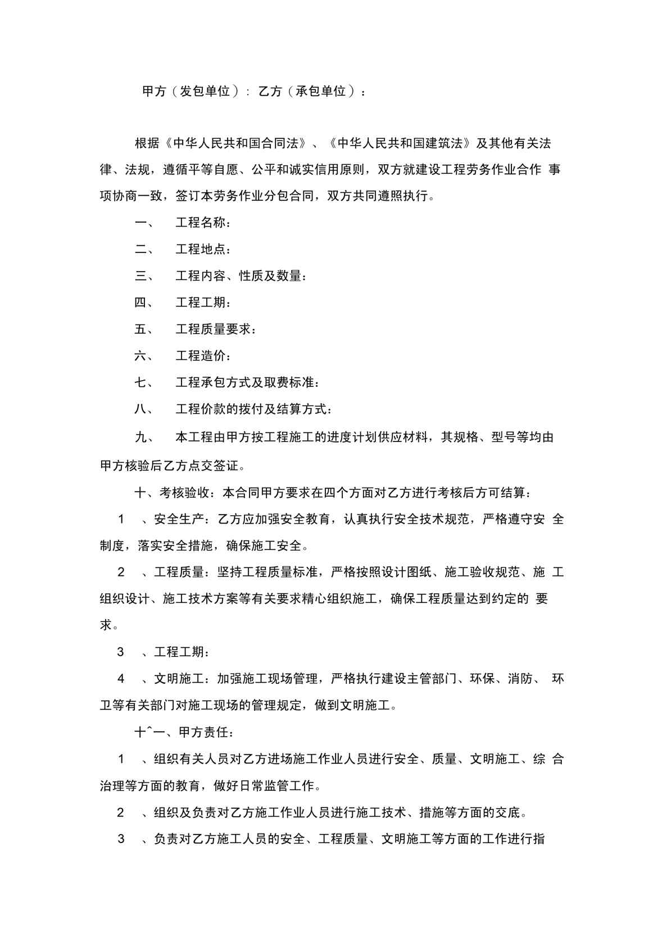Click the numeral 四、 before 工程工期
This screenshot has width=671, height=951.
[x=144, y=303]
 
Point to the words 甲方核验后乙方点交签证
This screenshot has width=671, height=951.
[x=169, y=466]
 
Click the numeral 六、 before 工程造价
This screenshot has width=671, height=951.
[x=144, y=356]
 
